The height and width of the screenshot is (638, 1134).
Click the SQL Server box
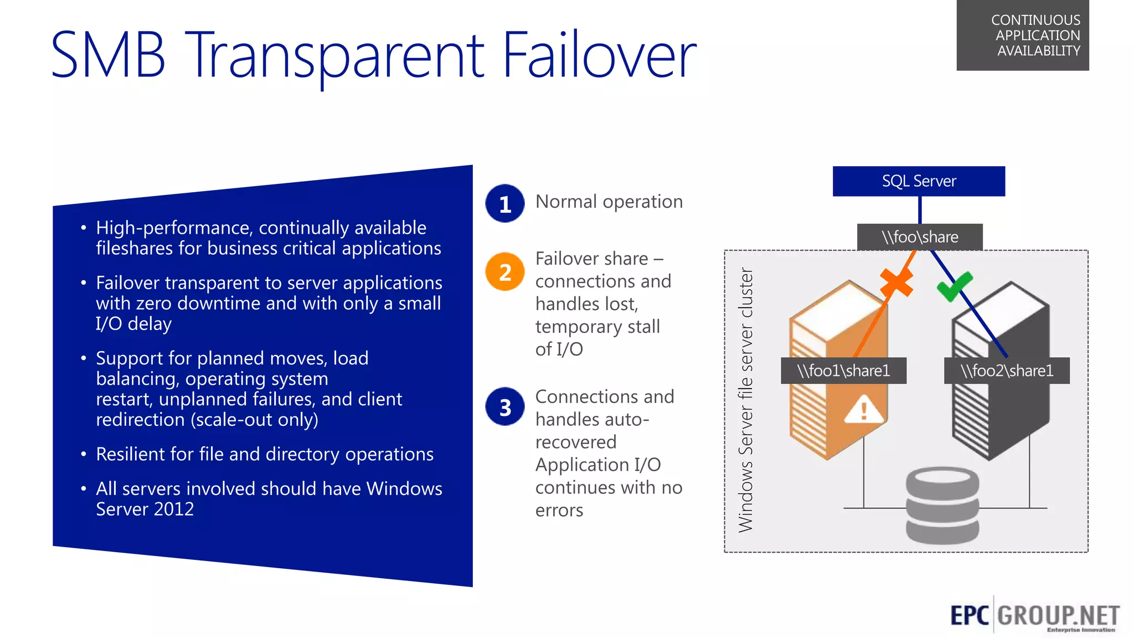click(919, 181)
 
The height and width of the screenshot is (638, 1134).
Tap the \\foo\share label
click(920, 237)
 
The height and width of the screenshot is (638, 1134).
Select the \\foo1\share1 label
click(843, 371)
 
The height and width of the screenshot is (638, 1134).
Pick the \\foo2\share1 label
click(1007, 371)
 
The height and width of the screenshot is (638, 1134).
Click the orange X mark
click(896, 282)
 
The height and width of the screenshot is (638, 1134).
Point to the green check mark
click(954, 286)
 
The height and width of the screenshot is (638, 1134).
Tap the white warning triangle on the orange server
click(863, 410)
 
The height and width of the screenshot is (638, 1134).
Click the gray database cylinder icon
click(942, 505)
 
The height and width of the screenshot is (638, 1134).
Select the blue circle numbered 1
click(505, 204)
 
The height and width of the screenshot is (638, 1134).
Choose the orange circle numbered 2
click(505, 272)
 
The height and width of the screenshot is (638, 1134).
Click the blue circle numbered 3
click(505, 407)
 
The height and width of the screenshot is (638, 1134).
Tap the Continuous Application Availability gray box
click(1023, 35)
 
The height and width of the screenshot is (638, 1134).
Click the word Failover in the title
click(599, 55)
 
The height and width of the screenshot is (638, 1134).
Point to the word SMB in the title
click(108, 55)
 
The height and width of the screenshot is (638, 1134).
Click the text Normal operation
click(609, 202)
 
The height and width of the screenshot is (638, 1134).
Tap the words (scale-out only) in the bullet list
click(254, 420)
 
